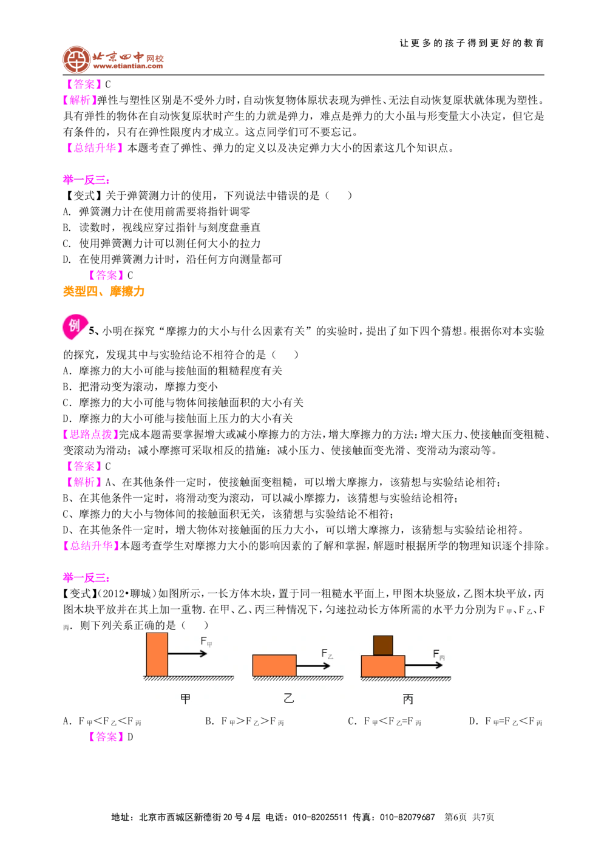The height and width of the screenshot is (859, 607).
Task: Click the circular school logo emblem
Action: (x=76, y=59)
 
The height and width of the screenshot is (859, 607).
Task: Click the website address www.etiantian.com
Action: (x=128, y=66)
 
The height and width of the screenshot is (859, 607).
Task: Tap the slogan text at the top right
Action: (x=471, y=43)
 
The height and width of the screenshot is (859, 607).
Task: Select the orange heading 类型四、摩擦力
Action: (x=104, y=291)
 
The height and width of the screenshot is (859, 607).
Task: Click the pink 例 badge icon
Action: (x=75, y=327)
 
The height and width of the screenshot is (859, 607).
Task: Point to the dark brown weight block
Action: (x=382, y=645)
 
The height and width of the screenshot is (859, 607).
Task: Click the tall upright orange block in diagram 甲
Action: (x=157, y=654)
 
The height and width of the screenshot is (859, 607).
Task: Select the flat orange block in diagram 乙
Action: (x=274, y=665)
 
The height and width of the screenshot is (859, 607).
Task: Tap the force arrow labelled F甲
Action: (x=187, y=653)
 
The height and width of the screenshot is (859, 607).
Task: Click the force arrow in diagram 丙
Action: (x=424, y=665)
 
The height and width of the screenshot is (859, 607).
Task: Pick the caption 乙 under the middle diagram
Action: (x=289, y=698)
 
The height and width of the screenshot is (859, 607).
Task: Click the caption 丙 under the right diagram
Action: (x=408, y=699)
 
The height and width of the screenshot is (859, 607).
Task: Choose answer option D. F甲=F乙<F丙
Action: (x=506, y=721)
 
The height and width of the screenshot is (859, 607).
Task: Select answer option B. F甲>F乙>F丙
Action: (x=244, y=721)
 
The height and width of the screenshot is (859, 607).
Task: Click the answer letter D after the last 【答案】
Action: (x=131, y=736)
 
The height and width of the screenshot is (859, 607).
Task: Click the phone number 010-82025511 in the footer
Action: (x=320, y=817)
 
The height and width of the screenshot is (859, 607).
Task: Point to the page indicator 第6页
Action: (x=455, y=817)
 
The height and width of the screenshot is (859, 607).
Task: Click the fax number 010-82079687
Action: (x=407, y=817)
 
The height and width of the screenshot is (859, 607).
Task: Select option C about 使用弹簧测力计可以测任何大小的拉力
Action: (x=162, y=243)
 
